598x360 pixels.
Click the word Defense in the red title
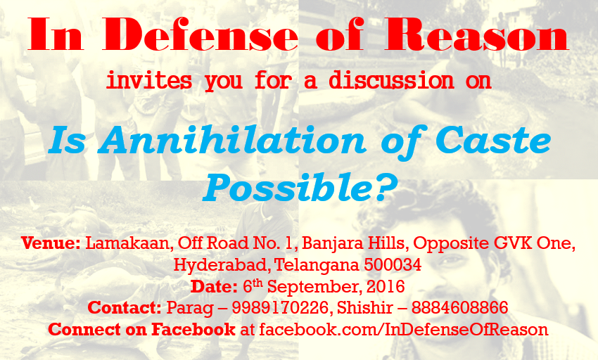point(201,34)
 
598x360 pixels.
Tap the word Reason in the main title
point(477,34)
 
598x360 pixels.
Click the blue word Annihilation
point(232,141)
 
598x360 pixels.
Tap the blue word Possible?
point(300,187)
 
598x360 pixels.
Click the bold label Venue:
point(51,243)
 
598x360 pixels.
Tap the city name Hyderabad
point(222,264)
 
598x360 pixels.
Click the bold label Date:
point(215,286)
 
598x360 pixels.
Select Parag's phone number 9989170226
point(280,307)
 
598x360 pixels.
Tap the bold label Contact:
point(125,307)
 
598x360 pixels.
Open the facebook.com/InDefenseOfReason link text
point(404,329)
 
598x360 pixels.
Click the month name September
point(314,287)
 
